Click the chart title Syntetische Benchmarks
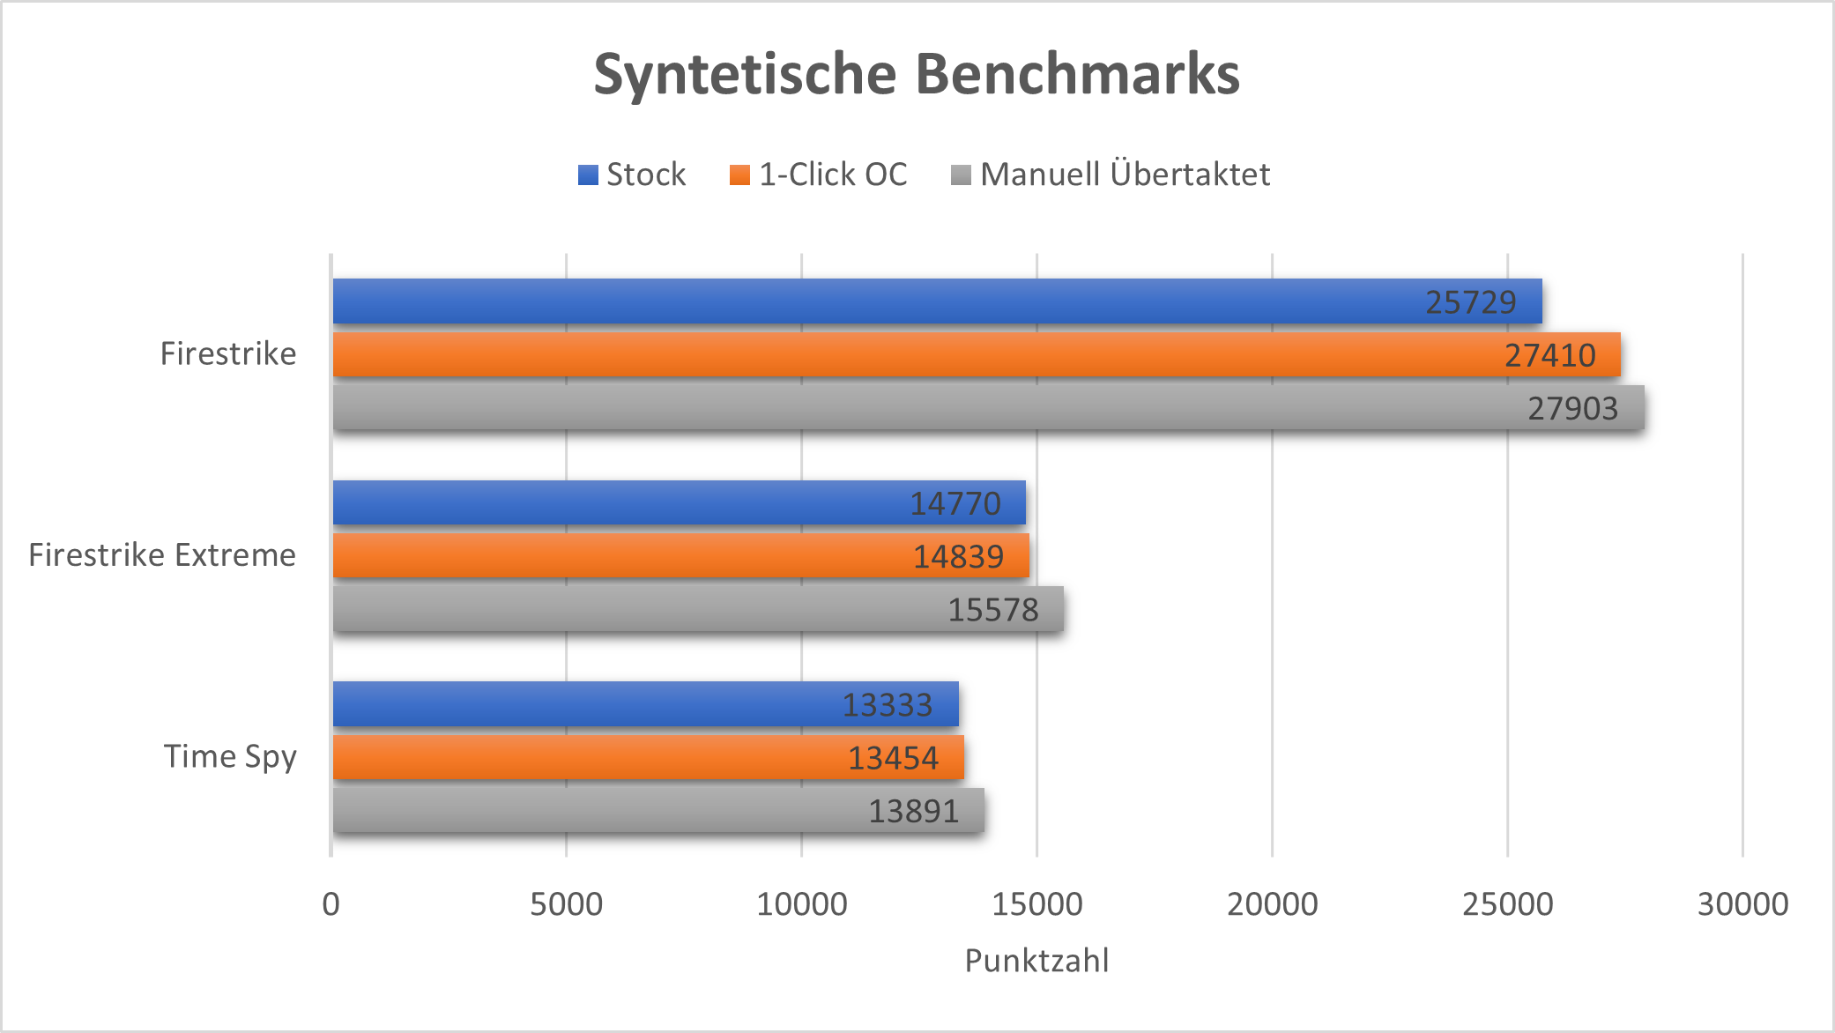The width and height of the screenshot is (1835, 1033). pyautogui.click(x=917, y=74)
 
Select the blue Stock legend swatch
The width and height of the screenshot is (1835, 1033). pyautogui.click(x=588, y=175)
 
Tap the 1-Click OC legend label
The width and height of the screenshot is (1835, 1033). pyautogui.click(x=833, y=175)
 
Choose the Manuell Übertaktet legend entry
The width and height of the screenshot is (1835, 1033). pyautogui.click(x=1125, y=175)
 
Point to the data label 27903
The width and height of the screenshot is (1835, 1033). pyautogui.click(x=1572, y=408)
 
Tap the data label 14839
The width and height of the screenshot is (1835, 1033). pyautogui.click(x=958, y=556)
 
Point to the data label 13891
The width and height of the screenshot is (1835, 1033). pyautogui.click(x=913, y=811)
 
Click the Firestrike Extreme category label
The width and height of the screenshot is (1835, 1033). pyautogui.click(x=162, y=555)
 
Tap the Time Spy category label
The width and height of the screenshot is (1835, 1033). pyautogui.click(x=230, y=756)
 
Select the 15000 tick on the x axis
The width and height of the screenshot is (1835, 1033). pyautogui.click(x=1036, y=904)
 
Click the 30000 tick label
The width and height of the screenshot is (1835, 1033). pyautogui.click(x=1742, y=904)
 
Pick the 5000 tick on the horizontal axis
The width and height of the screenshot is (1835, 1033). pyautogui.click(x=566, y=904)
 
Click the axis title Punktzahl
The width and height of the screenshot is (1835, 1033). pyautogui.click(x=1036, y=961)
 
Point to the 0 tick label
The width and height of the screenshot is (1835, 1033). pyautogui.click(x=331, y=904)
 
